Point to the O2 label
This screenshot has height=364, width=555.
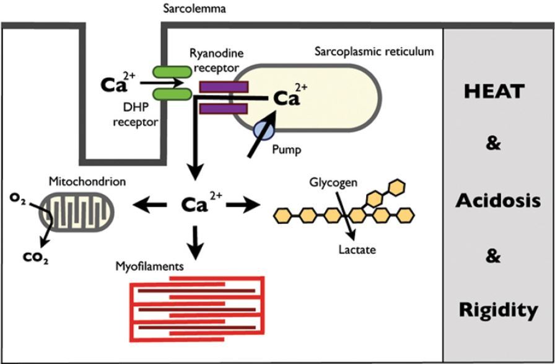pos(18,198)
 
